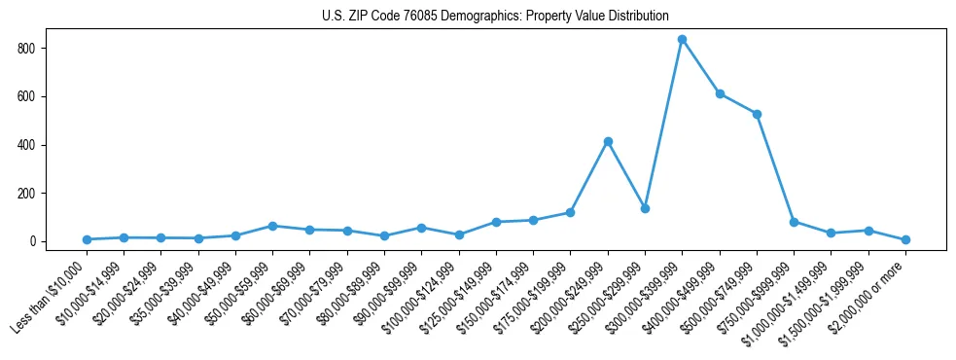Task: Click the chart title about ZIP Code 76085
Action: (495, 17)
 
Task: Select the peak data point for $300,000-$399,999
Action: (683, 40)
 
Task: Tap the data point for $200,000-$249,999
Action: (608, 142)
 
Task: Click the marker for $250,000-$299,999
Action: (645, 208)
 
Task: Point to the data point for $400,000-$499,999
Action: (720, 93)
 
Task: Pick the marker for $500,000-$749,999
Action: (757, 114)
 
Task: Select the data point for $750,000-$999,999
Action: (794, 222)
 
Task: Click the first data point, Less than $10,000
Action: (87, 239)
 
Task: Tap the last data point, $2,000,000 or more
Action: (905, 239)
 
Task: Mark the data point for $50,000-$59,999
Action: (272, 226)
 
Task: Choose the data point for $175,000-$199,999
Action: (570, 212)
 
